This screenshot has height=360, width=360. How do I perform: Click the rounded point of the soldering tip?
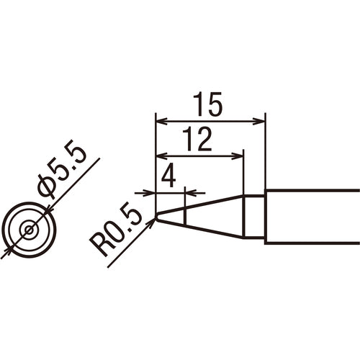tap(158, 217)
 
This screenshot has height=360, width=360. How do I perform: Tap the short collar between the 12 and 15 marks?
tap(254, 216)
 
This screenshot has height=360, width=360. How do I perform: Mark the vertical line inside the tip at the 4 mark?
tap(185, 216)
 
